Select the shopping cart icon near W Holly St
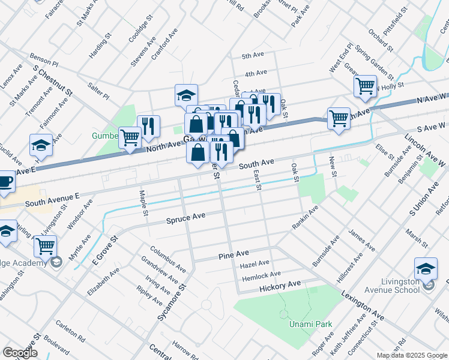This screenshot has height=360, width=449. click(x=365, y=86)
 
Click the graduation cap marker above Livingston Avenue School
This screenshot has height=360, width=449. click(x=426, y=268)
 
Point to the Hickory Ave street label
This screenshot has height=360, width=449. click(x=280, y=286)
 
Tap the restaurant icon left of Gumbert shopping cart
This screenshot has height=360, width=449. click(x=148, y=125)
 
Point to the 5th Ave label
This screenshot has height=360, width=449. click(x=253, y=56)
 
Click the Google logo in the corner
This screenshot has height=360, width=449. click(x=20, y=353)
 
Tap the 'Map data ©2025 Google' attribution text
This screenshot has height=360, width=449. click(x=411, y=355)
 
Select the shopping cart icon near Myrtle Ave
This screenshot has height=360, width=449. click(x=45, y=245)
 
